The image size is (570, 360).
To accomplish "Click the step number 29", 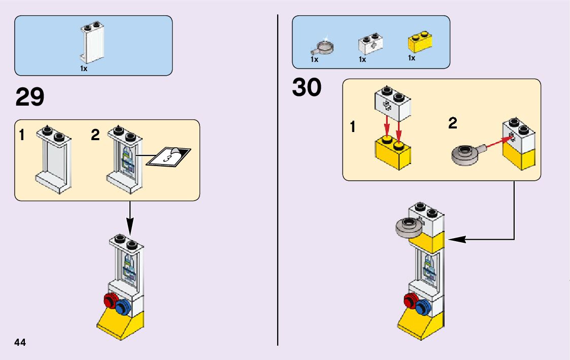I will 30,97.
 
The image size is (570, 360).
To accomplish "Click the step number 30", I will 307,87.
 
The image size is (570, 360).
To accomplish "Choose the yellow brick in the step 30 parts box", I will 420,43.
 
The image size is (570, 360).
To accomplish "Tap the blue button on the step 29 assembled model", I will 122,308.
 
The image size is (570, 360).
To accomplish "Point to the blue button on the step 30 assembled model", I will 422,308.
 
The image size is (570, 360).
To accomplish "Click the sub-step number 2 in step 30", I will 453,123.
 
